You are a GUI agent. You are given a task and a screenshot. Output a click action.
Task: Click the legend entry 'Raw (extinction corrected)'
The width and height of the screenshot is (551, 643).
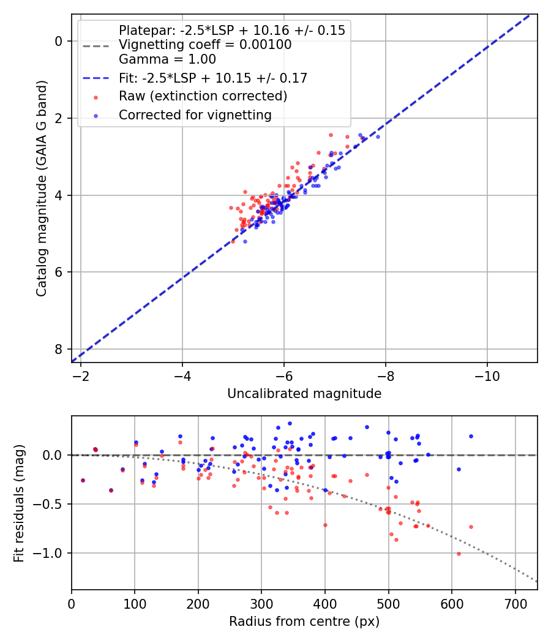pos(203,96)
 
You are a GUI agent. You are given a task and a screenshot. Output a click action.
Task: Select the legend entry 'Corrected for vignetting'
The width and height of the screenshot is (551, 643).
pos(195,115)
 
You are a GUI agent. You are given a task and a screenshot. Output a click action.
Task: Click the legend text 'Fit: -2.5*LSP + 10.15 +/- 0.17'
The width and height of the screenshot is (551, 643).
pos(212,78)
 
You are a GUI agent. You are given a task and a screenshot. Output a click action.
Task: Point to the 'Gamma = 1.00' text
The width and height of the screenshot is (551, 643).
pos(167,59)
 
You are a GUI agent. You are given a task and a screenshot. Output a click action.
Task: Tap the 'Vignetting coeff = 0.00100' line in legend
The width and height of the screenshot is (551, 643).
pos(205,45)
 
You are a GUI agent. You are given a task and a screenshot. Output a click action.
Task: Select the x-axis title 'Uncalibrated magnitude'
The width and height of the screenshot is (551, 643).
pos(304,394)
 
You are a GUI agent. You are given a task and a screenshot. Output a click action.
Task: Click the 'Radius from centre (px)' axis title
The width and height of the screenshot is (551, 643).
pos(304,622)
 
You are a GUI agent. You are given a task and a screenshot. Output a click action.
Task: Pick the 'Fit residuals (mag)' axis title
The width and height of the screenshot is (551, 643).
pos(19,503)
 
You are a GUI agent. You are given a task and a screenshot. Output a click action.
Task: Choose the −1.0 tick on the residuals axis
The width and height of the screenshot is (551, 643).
pos(51,553)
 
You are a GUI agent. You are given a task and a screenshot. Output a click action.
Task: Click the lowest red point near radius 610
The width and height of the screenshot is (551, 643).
pos(459,554)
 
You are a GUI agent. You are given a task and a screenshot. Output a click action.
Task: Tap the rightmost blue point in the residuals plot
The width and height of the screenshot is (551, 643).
pos(471,436)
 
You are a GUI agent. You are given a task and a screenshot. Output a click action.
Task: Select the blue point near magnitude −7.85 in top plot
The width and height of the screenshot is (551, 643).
pos(378,137)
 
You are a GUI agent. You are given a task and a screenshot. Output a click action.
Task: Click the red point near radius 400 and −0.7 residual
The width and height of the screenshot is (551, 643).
pos(325,525)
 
